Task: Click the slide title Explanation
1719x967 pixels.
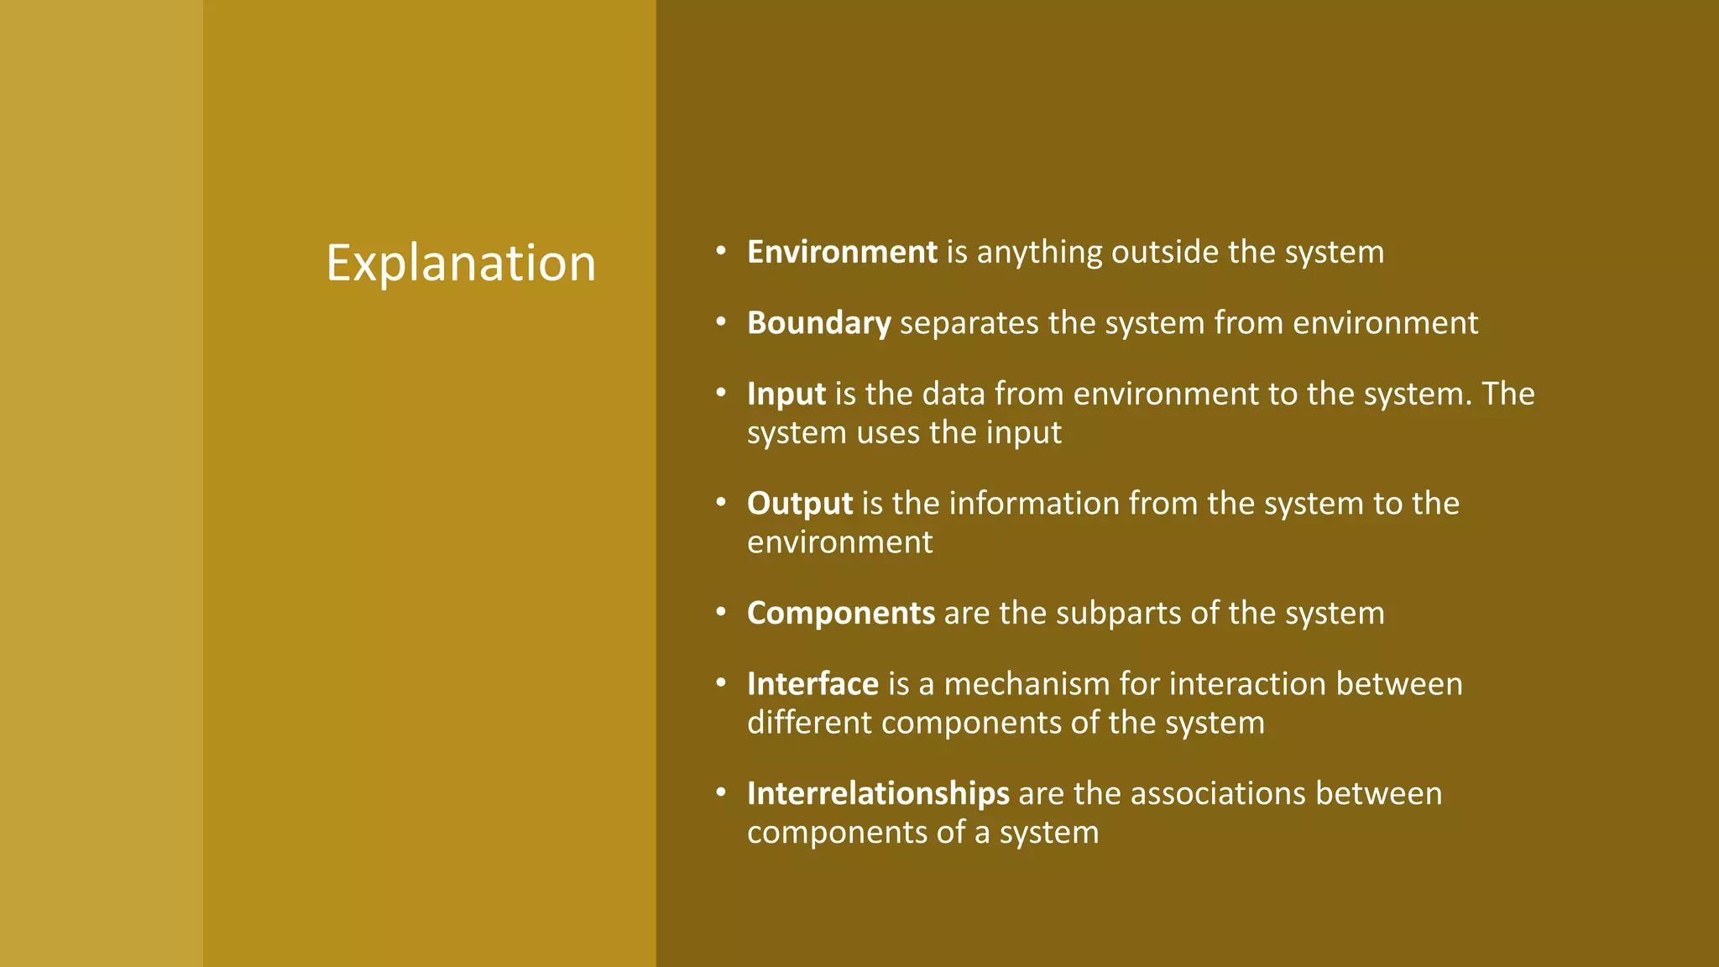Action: (x=461, y=263)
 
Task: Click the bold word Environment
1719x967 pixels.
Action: (x=842, y=252)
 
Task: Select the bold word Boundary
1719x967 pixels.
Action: (x=818, y=323)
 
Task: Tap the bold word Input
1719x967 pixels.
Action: (x=786, y=394)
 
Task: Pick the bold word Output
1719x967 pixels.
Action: (x=799, y=504)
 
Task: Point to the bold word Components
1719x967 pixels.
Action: (x=840, y=614)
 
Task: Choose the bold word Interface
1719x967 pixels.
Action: (x=812, y=684)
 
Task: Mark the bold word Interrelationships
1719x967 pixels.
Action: (x=878, y=794)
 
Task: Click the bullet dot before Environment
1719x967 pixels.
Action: (x=720, y=250)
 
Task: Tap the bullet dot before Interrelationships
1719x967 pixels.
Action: (x=720, y=792)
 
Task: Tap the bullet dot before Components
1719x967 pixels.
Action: (x=720, y=612)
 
